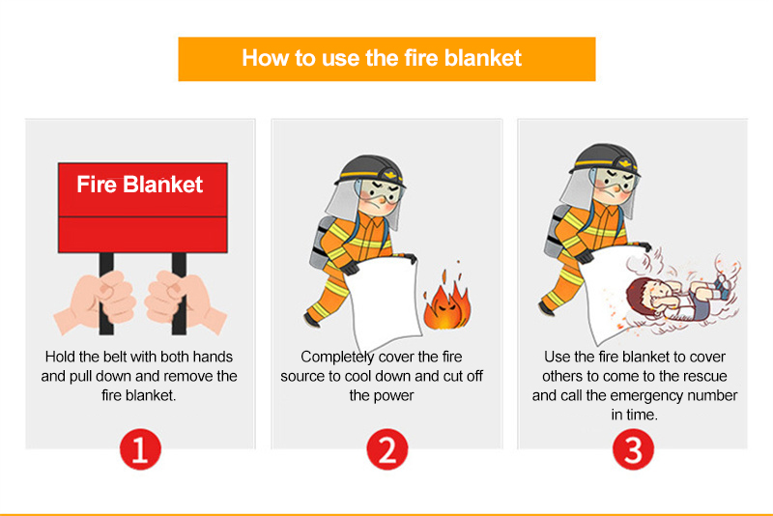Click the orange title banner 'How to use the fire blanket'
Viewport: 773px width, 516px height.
coord(386,58)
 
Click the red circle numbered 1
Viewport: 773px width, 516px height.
coord(139,449)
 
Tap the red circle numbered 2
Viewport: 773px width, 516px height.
coord(386,449)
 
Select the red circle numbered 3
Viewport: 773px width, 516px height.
coord(634,449)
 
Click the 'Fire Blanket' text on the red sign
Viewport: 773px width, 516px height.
coord(140,184)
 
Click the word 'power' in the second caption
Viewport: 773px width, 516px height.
coord(395,396)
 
